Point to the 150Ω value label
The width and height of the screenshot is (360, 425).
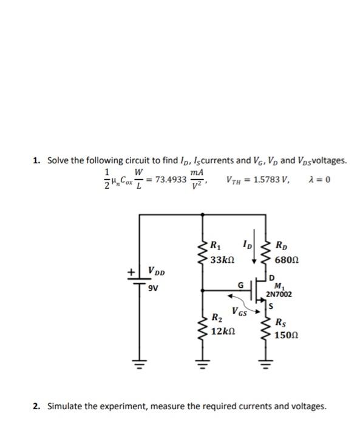tap(286, 335)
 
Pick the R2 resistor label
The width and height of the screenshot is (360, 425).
tap(216, 320)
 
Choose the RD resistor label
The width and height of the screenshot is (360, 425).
tap(282, 246)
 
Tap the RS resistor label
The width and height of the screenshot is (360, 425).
tap(281, 322)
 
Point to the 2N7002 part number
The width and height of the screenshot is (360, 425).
tap(279, 294)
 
